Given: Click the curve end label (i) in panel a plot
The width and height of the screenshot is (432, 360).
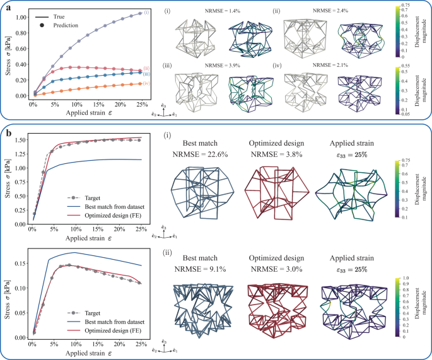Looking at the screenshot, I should (146, 13).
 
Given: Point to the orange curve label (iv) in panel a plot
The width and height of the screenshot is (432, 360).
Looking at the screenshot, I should (146, 83).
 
